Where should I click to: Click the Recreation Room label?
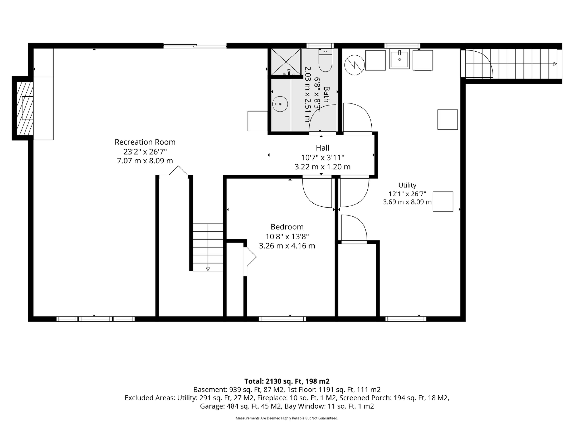pyautogui.click(x=145, y=142)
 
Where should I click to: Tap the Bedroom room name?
pyautogui.click(x=287, y=227)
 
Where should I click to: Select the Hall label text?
pyautogui.click(x=323, y=148)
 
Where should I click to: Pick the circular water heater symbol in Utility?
pyautogui.click(x=354, y=65)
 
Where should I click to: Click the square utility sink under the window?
pyautogui.click(x=399, y=59)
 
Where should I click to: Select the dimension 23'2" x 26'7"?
pyautogui.click(x=145, y=151)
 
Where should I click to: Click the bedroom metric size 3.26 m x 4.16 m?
pyautogui.click(x=287, y=246)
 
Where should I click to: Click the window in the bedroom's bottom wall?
pyautogui.click(x=282, y=319)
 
